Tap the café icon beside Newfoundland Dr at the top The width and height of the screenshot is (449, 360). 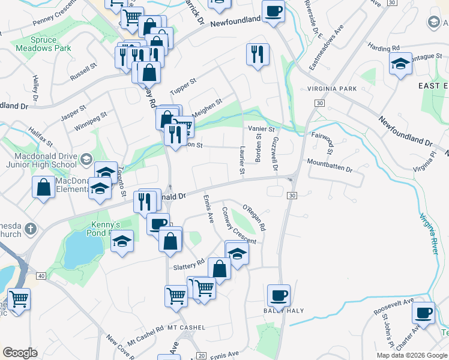(273, 11)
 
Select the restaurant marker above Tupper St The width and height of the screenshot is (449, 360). (258, 55)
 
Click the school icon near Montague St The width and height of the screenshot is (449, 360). (400, 63)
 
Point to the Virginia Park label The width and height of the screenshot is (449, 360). (332, 89)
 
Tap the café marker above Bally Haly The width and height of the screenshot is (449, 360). (279, 295)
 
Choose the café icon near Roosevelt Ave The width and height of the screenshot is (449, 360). (424, 313)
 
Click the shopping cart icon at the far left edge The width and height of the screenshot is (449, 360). (18, 298)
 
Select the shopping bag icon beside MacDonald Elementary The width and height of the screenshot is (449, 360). (44, 187)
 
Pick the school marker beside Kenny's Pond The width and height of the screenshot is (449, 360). (122, 242)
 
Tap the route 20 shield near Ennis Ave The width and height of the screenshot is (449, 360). (200, 356)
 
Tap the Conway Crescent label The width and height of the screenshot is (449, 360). (238, 225)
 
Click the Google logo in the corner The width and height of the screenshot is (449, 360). (20, 353)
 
